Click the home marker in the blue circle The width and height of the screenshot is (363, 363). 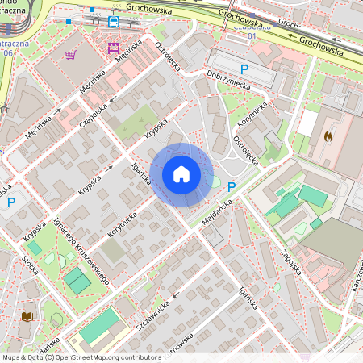(181, 174)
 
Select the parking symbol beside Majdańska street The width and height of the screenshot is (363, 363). (232, 187)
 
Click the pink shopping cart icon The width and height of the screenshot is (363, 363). (71, 55)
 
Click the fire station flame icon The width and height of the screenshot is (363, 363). (327, 137)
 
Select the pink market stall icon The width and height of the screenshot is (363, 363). (112, 49)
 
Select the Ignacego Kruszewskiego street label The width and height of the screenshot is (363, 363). (81, 251)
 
